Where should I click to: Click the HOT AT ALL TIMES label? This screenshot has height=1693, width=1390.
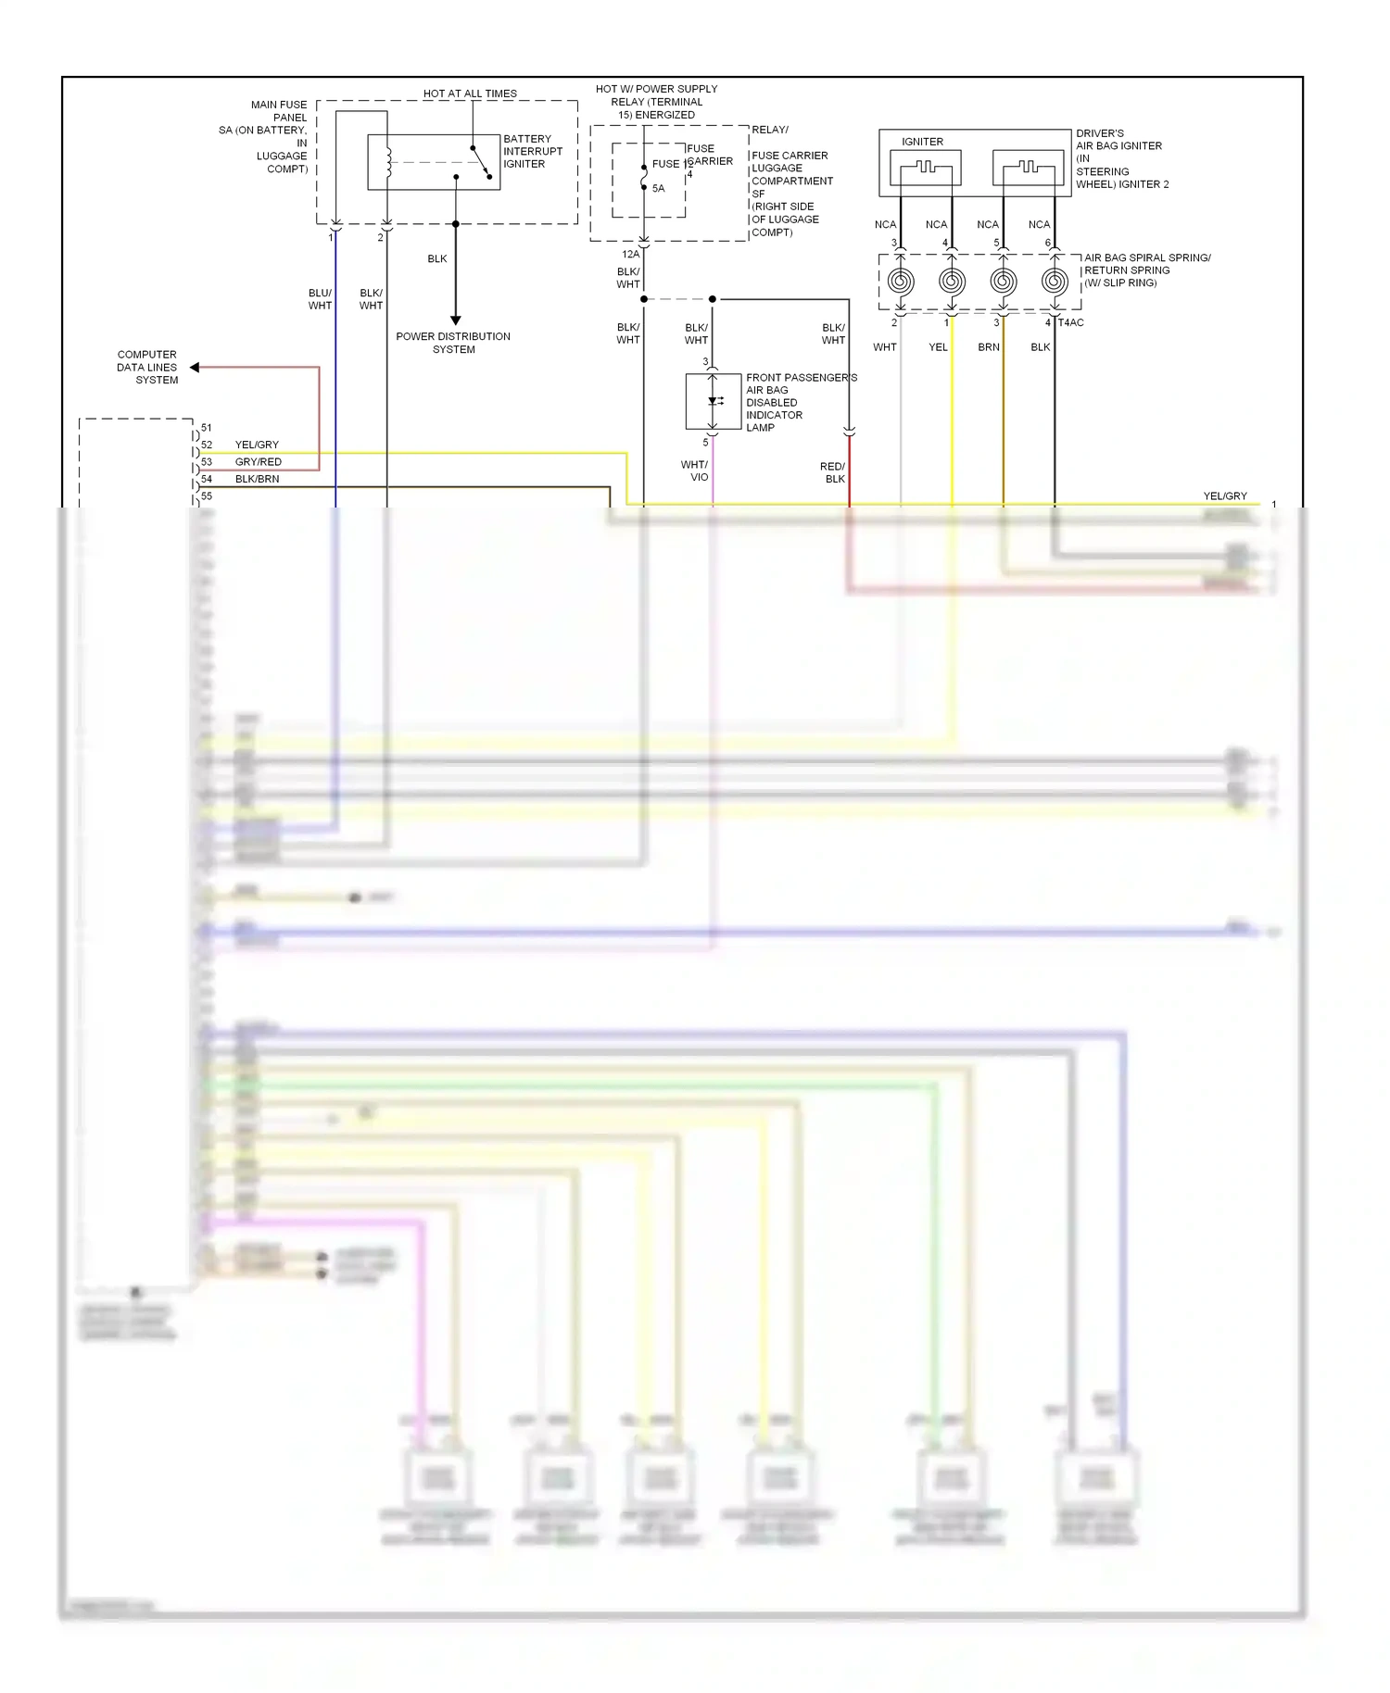click(x=470, y=94)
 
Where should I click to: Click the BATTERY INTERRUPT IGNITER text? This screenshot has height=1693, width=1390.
click(x=532, y=151)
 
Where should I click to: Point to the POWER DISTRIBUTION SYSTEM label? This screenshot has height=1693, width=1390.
click(x=453, y=343)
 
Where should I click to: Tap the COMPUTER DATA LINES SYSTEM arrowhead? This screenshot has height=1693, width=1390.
click(x=195, y=368)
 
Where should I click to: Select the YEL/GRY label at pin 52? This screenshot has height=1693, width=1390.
click(x=257, y=445)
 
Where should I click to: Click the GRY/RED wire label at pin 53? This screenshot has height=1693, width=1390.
click(x=258, y=461)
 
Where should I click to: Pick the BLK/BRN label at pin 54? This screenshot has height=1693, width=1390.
click(x=257, y=479)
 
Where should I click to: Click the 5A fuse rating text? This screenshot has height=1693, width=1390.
click(x=658, y=188)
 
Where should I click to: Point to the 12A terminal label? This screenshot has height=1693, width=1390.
click(x=630, y=254)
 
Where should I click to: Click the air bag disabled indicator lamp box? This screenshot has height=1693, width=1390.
click(x=713, y=401)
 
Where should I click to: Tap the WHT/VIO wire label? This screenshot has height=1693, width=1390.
click(x=695, y=470)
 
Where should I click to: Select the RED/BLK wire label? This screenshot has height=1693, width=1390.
click(x=833, y=472)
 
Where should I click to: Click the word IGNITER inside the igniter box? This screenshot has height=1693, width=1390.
click(x=922, y=142)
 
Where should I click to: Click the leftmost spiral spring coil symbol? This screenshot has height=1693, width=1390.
click(x=900, y=281)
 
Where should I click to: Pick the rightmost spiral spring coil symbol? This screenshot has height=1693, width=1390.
click(x=1054, y=281)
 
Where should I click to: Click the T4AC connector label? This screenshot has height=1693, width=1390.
click(x=1070, y=322)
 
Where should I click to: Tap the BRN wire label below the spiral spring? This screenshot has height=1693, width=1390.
click(x=988, y=347)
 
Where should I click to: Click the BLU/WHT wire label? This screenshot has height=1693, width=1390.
click(x=320, y=299)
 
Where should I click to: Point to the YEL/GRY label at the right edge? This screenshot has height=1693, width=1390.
click(x=1224, y=496)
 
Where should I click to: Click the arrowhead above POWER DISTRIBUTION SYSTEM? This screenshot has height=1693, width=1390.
click(x=455, y=320)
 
